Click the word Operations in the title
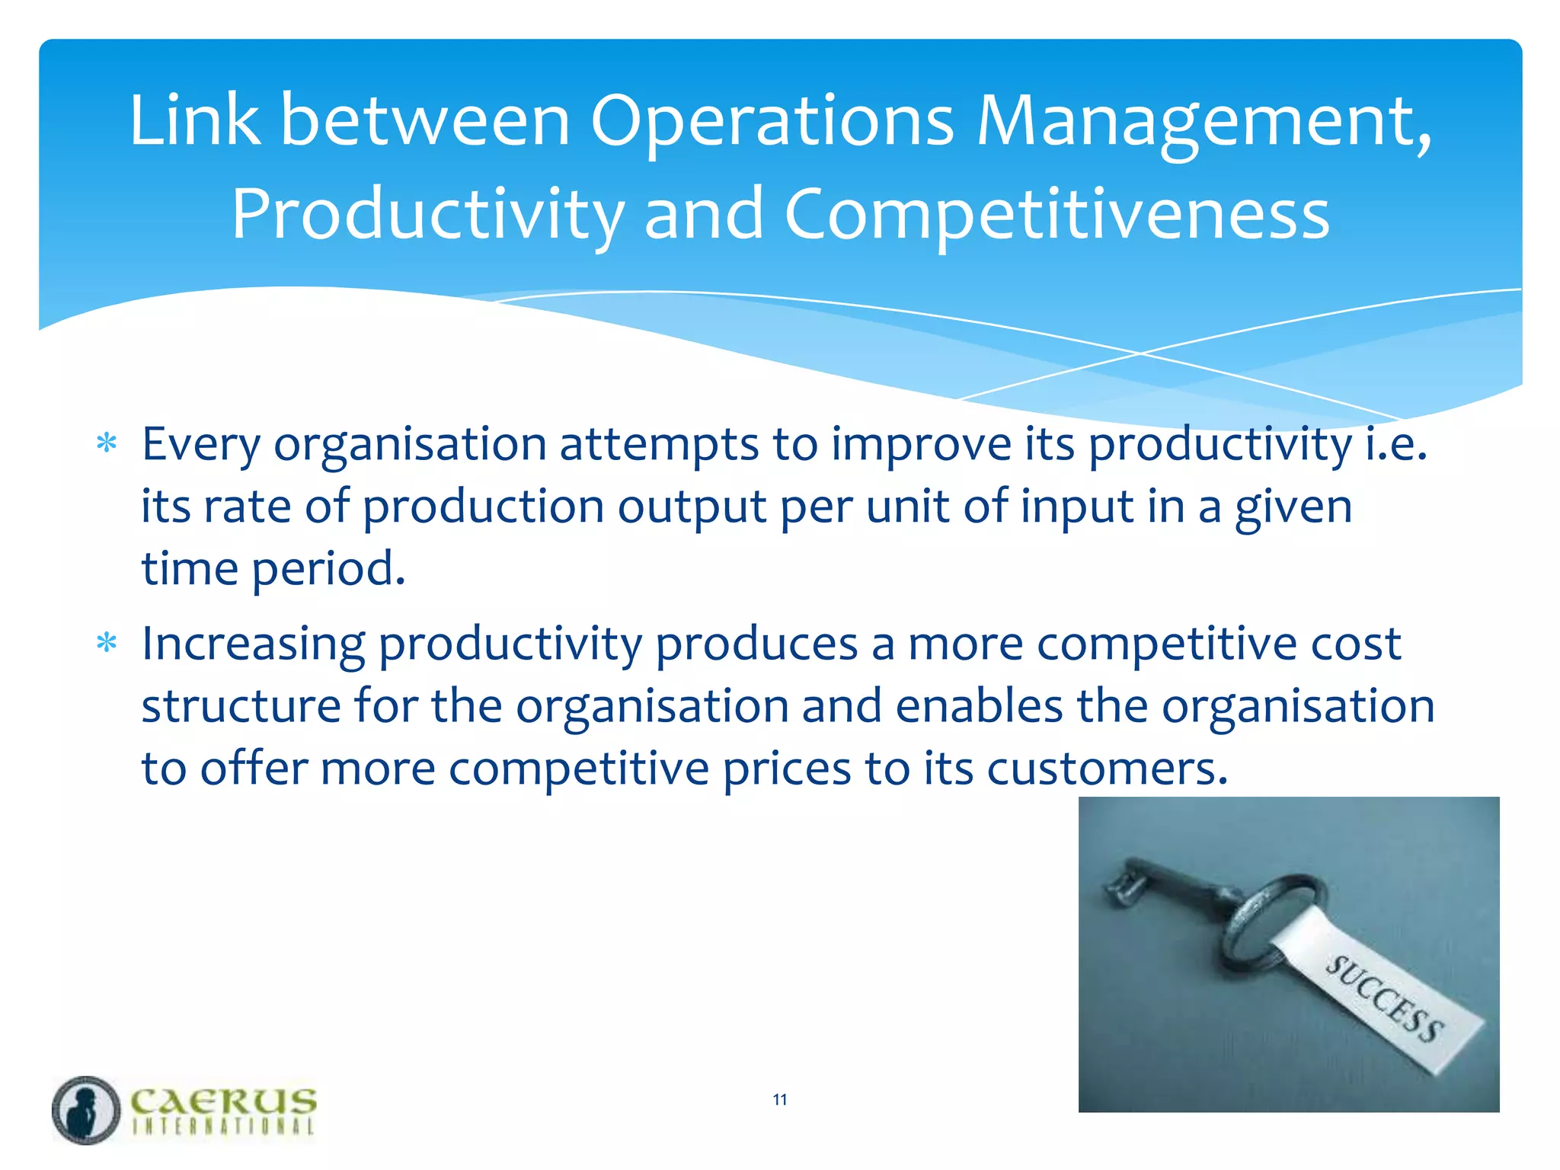tap(771, 122)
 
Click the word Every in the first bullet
tap(201, 445)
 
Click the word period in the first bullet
tap(328, 570)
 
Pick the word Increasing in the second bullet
tap(253, 644)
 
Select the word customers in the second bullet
tap(1107, 769)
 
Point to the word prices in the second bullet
tap(786, 769)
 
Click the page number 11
tap(779, 1099)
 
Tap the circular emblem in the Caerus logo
tap(86, 1110)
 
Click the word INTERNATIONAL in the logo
tap(222, 1126)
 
